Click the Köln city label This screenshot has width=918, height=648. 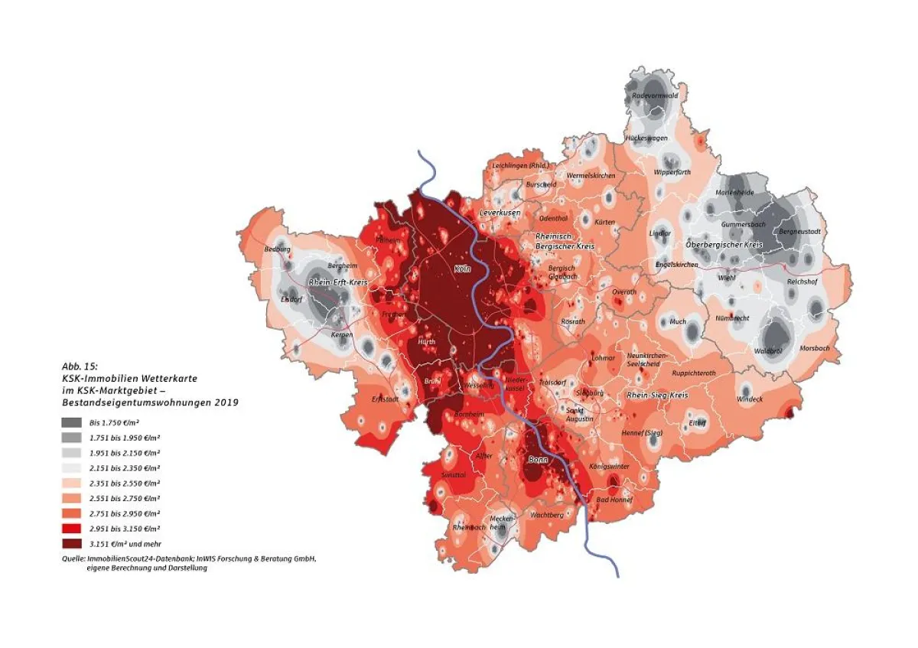[461, 269]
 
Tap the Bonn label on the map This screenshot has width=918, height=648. [538, 459]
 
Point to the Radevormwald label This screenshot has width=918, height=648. [656, 96]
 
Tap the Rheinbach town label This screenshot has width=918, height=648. [469, 528]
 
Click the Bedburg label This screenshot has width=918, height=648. [277, 249]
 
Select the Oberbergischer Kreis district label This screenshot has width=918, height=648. [724, 244]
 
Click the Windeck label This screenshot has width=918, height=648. [750, 399]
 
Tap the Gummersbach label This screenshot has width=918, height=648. [743, 224]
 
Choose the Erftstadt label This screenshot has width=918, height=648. [386, 399]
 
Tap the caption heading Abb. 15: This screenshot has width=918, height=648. [80, 366]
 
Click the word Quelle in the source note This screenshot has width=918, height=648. [74, 559]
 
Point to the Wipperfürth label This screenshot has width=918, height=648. [672, 172]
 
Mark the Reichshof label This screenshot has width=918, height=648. [802, 282]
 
